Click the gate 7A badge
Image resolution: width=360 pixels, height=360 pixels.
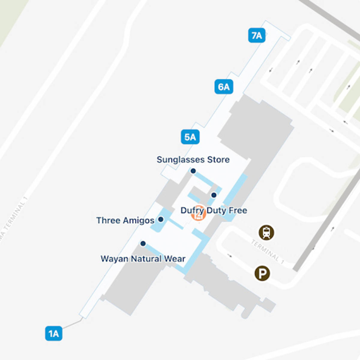(257, 35)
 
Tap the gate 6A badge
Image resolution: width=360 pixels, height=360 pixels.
(224, 87)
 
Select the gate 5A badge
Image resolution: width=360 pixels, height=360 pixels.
(190, 137)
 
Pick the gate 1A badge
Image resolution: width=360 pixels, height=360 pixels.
(54, 333)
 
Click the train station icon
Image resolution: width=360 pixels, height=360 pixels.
(266, 232)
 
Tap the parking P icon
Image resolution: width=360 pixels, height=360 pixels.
(262, 273)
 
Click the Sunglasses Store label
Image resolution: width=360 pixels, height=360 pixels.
(193, 160)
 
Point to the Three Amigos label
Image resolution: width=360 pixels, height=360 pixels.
(125, 220)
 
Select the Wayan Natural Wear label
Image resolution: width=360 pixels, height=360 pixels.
(143, 259)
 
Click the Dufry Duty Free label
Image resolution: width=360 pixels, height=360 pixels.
(214, 210)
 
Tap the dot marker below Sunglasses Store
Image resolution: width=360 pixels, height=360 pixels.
(193, 171)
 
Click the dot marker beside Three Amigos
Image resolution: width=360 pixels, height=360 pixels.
(161, 220)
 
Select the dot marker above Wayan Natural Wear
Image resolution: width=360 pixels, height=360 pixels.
(143, 244)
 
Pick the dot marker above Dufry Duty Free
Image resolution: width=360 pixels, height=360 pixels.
(214, 195)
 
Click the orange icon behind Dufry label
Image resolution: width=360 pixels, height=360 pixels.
(198, 214)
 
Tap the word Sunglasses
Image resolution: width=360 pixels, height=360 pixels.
(179, 160)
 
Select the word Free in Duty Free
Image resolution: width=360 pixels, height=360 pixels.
(238, 210)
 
